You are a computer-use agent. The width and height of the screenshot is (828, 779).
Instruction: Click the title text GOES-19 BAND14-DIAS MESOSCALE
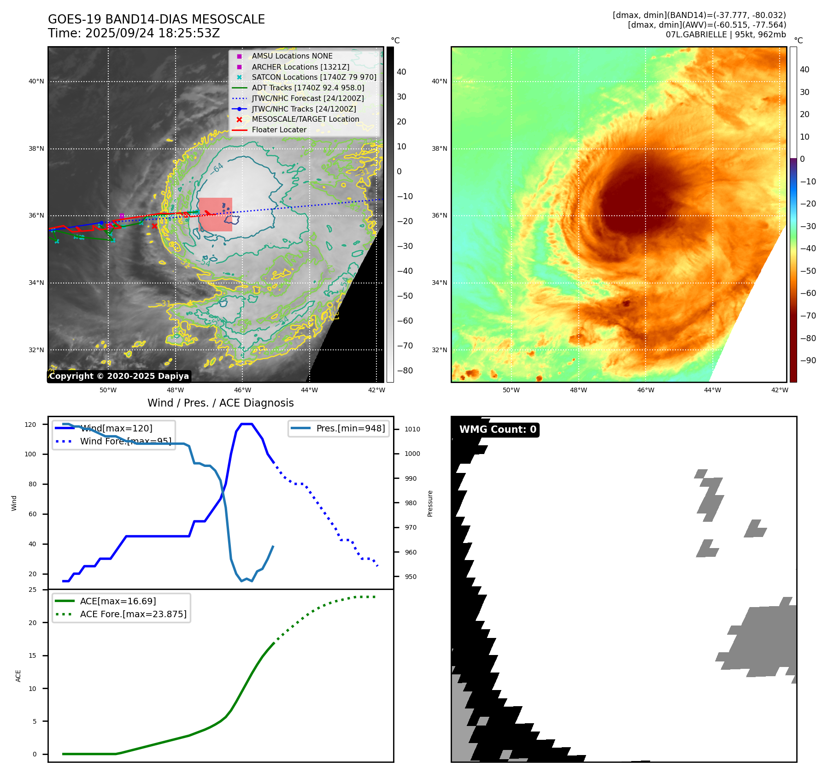(x=156, y=19)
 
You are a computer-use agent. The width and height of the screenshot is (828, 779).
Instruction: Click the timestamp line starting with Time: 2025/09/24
(x=134, y=33)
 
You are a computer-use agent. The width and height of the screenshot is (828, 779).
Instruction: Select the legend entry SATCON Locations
(x=314, y=77)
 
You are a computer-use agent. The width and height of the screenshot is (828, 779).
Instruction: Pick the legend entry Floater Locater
(x=279, y=130)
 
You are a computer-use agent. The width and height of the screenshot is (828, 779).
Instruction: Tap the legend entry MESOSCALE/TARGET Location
(x=305, y=119)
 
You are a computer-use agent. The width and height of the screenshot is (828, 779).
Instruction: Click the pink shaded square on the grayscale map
(x=215, y=214)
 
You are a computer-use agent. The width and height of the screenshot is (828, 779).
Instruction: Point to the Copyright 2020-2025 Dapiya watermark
(x=119, y=376)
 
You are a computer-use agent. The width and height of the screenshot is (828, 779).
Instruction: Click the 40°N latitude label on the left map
(x=36, y=82)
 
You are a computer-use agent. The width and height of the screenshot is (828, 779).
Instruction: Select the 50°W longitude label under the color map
(x=511, y=390)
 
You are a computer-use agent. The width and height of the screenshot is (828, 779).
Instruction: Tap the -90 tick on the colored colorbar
(x=808, y=360)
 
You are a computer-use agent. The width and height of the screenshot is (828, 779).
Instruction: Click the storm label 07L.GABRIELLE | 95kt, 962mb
(x=726, y=35)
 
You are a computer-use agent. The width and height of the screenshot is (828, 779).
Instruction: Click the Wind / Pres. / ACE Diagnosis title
(x=220, y=403)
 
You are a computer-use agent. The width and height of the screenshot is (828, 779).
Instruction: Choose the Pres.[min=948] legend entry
(x=350, y=428)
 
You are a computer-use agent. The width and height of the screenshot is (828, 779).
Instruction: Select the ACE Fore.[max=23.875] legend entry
(x=133, y=614)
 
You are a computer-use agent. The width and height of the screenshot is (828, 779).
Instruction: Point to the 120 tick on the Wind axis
(x=30, y=425)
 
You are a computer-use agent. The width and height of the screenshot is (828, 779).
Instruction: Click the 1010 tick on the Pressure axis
(x=412, y=429)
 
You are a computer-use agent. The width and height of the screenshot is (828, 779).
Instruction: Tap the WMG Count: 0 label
(x=498, y=430)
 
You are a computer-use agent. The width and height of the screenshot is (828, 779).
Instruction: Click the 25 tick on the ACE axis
(x=32, y=590)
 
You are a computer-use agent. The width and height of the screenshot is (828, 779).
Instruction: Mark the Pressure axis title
(x=430, y=503)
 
